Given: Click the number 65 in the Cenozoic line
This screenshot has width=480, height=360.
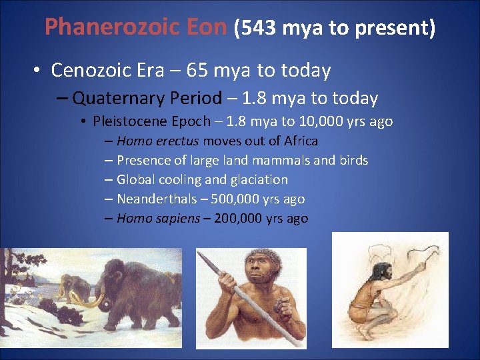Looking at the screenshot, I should [197, 69].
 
